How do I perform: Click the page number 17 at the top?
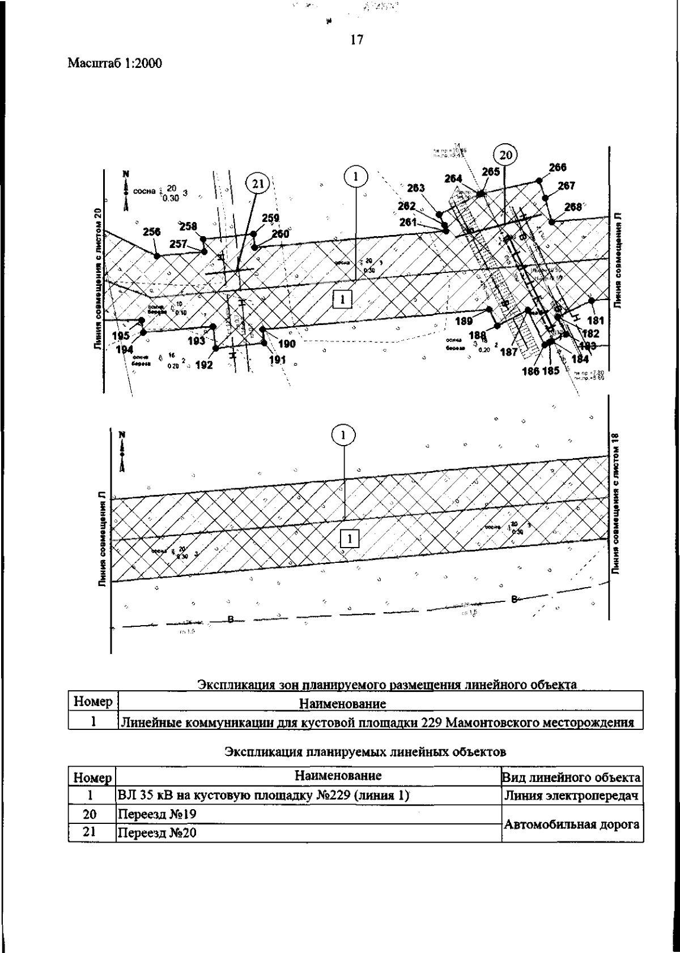356,40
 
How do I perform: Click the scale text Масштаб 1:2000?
115,63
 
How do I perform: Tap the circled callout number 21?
257,183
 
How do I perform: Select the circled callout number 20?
505,154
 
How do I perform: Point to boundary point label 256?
152,232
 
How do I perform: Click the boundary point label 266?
558,167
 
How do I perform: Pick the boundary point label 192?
203,365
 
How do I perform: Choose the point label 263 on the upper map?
416,188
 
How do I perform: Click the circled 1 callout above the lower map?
343,435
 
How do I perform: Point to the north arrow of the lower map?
122,451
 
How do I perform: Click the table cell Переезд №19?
156,814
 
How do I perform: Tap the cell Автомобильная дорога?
572,824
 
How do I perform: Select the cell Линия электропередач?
572,796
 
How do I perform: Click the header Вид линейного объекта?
572,777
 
